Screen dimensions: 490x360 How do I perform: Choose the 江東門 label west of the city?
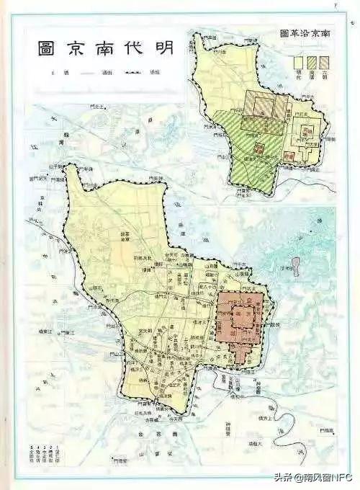tap(66, 333)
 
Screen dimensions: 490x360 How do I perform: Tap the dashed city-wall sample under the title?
tap(132, 73)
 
